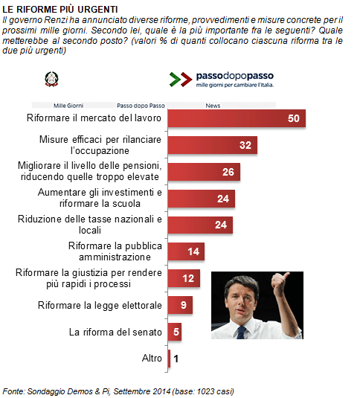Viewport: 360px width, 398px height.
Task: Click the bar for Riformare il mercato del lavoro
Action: [237, 118]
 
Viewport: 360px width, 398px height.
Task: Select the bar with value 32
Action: [213, 145]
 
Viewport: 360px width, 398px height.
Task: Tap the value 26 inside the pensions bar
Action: [228, 172]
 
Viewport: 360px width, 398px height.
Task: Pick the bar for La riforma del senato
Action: [175, 332]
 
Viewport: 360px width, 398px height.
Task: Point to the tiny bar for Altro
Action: [169, 359]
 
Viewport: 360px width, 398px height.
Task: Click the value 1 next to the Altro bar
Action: [176, 359]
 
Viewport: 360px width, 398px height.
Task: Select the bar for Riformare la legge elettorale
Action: [180, 305]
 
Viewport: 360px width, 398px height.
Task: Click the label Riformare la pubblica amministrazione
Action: [115, 251]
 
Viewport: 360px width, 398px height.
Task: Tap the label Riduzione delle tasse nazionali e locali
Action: [90, 225]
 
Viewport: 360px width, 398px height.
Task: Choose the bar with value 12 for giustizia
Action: [184, 278]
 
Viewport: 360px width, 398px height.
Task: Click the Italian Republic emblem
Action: [52, 79]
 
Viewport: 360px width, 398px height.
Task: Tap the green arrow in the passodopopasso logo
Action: [175, 80]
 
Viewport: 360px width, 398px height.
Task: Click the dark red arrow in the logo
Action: [186, 80]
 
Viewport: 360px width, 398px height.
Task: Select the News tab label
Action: [213, 106]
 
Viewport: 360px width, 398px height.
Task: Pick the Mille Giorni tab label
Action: [68, 106]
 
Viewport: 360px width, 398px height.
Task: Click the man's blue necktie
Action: [241, 333]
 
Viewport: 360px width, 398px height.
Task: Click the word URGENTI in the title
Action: [97, 10]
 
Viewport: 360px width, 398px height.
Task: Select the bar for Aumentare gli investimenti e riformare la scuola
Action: [202, 199]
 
